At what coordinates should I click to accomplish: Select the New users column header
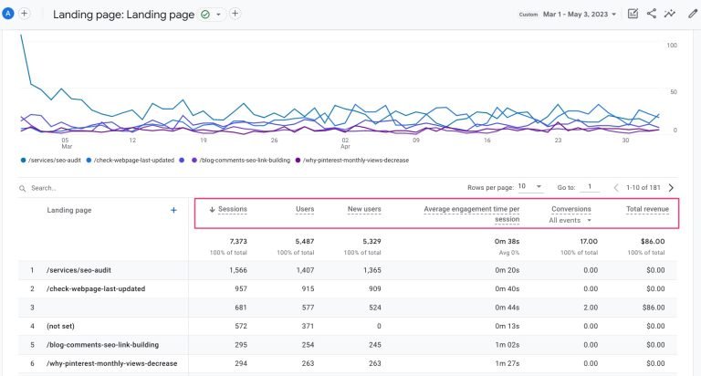[364, 209]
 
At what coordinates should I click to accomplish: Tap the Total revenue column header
[646, 209]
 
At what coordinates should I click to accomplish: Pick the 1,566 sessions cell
[232, 269]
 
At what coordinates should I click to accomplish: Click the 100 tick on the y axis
[671, 45]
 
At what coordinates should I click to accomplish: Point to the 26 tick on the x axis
[274, 141]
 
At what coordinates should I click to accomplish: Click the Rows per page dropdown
[529, 187]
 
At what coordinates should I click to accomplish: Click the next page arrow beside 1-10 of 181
[671, 187]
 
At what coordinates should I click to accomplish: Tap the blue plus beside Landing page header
[173, 210]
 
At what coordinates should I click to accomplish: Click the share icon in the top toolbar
[652, 14]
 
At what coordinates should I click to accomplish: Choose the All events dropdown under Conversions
[570, 220]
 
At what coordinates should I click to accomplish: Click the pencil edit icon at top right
[691, 14]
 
